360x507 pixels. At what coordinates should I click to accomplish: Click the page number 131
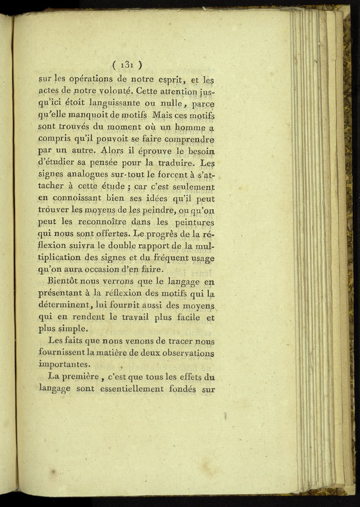126,65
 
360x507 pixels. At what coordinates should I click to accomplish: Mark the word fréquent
165,258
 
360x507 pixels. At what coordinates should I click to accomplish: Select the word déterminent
64,305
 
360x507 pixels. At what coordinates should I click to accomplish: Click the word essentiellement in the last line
132,389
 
